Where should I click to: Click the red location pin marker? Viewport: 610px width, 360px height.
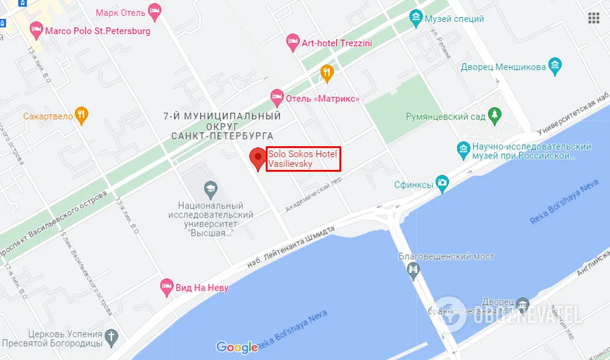[258, 159]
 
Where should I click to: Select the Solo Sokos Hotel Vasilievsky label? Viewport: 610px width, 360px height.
[303, 159]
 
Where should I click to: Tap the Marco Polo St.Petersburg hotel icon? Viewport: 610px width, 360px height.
[37, 29]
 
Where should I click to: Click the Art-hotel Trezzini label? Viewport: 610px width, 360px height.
[336, 43]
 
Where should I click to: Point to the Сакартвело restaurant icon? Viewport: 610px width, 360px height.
[82, 115]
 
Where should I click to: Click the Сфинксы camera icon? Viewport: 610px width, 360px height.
[442, 182]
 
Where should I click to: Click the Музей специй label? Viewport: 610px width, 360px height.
[455, 18]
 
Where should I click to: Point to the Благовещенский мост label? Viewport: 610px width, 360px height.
[446, 256]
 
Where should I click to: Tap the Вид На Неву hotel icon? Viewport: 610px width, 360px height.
[166, 287]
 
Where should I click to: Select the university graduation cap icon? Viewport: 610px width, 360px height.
[211, 188]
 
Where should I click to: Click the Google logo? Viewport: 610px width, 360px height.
[237, 347]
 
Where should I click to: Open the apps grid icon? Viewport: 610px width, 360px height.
[594, 18]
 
